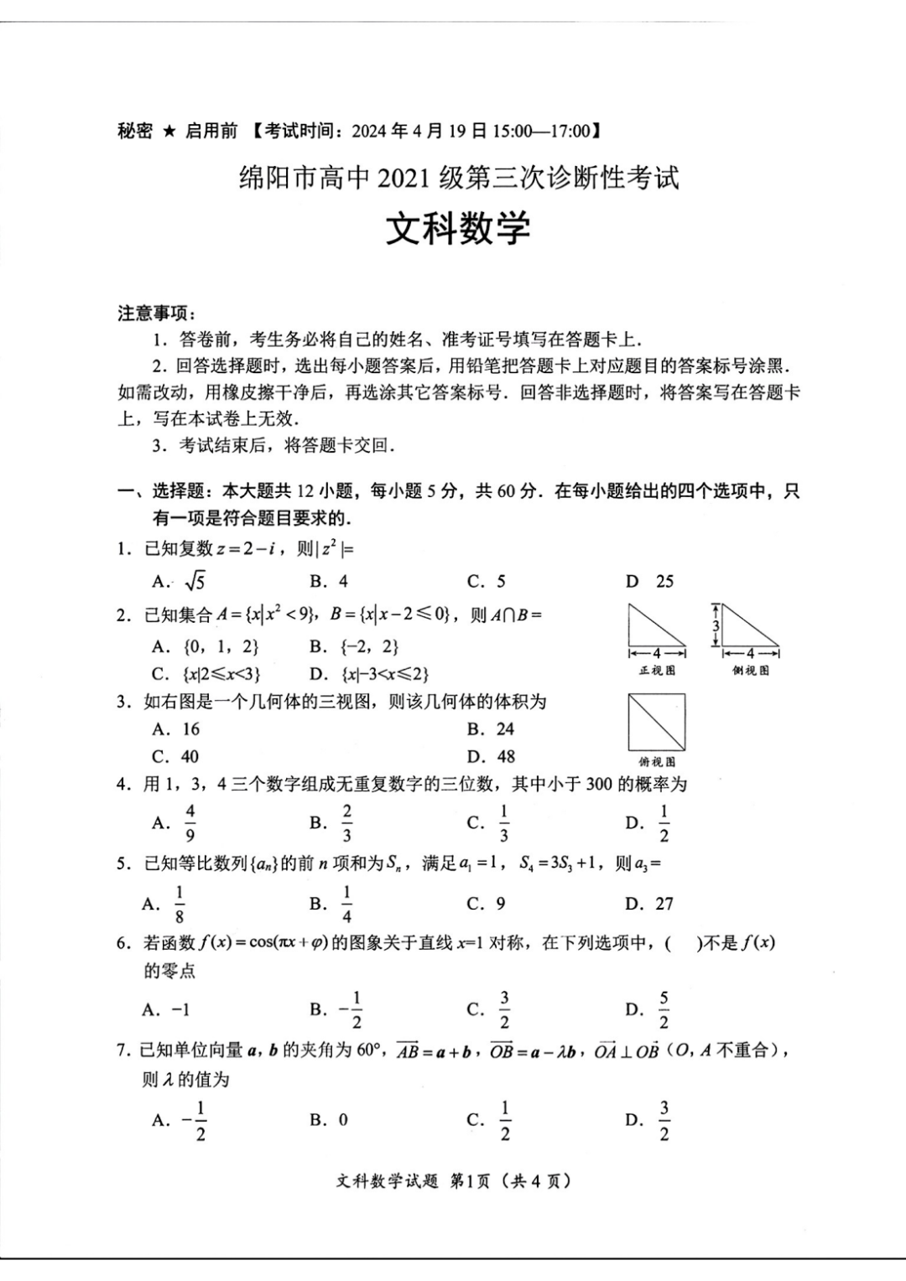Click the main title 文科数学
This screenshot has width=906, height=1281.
(x=458, y=228)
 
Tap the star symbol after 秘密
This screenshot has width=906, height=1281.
(x=169, y=131)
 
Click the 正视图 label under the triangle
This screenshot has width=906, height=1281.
(x=657, y=671)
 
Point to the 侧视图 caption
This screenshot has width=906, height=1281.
(x=750, y=671)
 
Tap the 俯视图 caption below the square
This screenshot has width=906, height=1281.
(x=657, y=761)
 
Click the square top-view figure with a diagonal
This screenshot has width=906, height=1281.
(x=657, y=722)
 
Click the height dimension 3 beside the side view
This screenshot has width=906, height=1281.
(x=716, y=625)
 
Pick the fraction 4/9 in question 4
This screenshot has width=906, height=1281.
(x=190, y=823)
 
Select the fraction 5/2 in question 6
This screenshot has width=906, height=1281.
(x=664, y=1009)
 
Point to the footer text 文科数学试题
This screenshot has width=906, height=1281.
(x=387, y=1181)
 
